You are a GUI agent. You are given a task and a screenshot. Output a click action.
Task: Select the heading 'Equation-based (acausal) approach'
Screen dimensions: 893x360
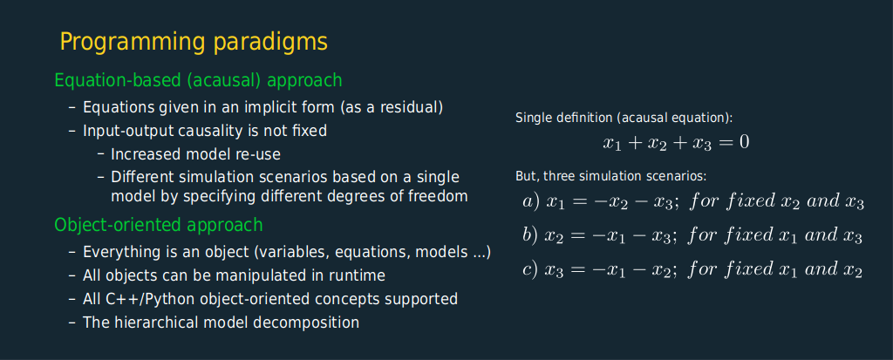click(x=198, y=80)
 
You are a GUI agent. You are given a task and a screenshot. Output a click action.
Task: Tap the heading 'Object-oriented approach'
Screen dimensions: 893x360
click(x=159, y=225)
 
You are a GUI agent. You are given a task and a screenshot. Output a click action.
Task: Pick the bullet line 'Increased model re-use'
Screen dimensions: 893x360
click(x=195, y=154)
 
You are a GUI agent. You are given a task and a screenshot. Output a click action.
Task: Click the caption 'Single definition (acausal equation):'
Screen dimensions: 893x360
click(x=624, y=118)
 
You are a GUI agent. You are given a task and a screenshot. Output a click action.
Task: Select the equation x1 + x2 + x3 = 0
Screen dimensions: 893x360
click(x=676, y=142)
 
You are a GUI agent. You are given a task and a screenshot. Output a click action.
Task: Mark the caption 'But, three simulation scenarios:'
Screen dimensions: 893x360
click(x=610, y=177)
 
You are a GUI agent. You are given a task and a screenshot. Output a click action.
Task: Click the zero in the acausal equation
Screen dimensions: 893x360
click(x=744, y=142)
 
